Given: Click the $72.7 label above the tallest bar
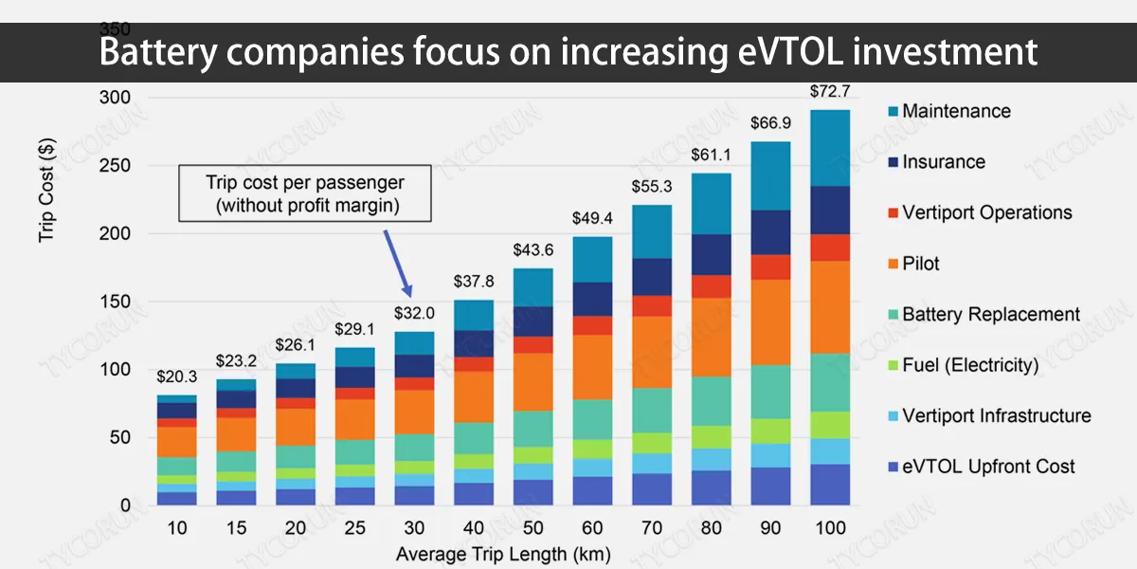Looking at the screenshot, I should [829, 92].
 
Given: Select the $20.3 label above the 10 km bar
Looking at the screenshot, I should [176, 378].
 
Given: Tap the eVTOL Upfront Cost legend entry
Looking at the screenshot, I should [988, 467].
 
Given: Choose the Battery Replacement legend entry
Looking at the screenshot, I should [990, 314].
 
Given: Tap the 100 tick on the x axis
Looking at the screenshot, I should [829, 527].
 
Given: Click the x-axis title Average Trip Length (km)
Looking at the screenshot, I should [502, 553].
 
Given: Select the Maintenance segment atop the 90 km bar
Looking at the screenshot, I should [771, 175].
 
